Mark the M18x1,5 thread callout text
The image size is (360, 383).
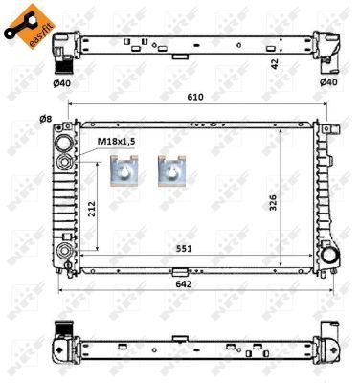click(x=118, y=143)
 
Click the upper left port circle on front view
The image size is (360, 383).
click(x=65, y=144)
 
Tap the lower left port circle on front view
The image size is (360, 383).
click(x=65, y=251)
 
